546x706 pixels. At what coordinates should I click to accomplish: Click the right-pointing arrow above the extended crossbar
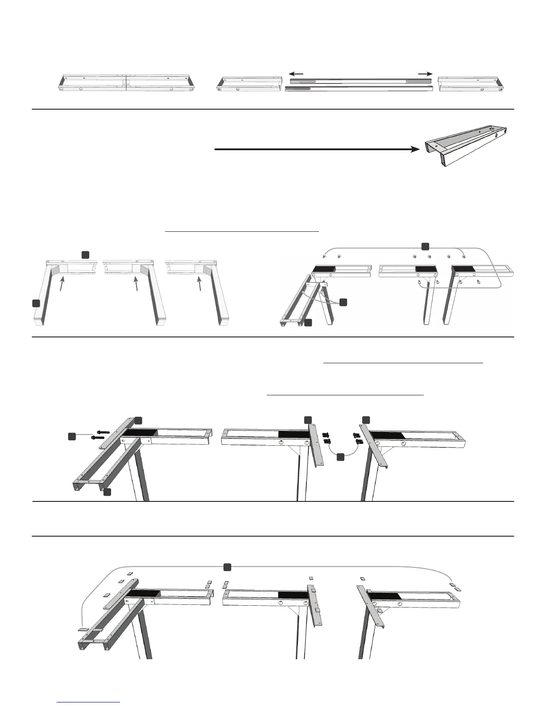coord(426,74)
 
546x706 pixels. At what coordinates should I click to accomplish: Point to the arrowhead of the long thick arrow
coord(415,150)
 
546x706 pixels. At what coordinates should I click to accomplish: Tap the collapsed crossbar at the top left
coord(127,83)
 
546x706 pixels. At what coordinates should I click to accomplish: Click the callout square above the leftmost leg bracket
coord(85,254)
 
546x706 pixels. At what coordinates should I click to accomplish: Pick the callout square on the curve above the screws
coord(425,246)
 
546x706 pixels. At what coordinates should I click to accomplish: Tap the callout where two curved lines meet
coord(343,302)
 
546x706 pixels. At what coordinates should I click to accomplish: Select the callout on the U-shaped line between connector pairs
coord(341,456)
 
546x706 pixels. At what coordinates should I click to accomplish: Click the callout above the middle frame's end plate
coord(307,420)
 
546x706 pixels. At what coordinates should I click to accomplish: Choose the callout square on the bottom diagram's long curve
coord(227,566)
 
